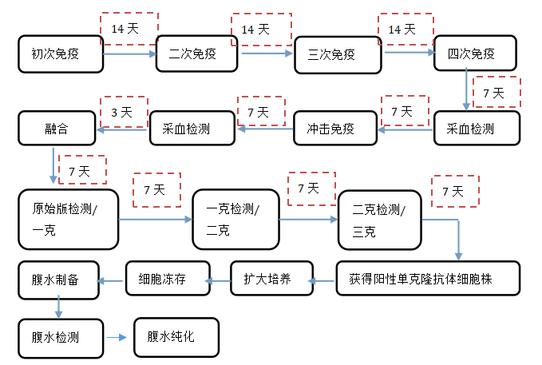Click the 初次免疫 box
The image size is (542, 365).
pyautogui.click(x=61, y=54)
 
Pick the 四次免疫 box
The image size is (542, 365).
pyautogui.click(x=476, y=54)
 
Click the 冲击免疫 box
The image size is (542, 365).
pyautogui.click(x=335, y=128)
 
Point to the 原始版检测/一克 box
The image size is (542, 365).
pyautogui.click(x=69, y=219)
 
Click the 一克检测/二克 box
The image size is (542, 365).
pyautogui.click(x=236, y=219)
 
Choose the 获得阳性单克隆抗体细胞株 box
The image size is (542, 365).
pyautogui.click(x=428, y=279)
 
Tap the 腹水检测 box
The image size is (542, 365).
pyautogui.click(x=61, y=337)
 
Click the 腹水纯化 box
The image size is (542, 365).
pyautogui.click(x=176, y=337)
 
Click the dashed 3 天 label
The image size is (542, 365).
pyautogui.click(x=124, y=113)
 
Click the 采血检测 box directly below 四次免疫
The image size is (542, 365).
pyautogui.click(x=477, y=128)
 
